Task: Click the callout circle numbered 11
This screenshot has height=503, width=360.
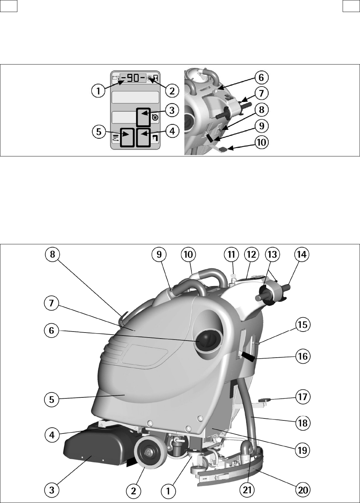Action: [x=231, y=255]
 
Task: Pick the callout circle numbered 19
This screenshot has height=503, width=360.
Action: [x=303, y=450]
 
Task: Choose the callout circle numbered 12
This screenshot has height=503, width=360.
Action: [x=251, y=255]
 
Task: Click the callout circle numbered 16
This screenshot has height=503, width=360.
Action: [x=303, y=356]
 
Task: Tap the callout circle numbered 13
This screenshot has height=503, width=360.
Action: [x=272, y=255]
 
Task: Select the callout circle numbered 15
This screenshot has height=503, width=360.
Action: [x=303, y=325]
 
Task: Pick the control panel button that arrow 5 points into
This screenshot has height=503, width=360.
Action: [x=127, y=137]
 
